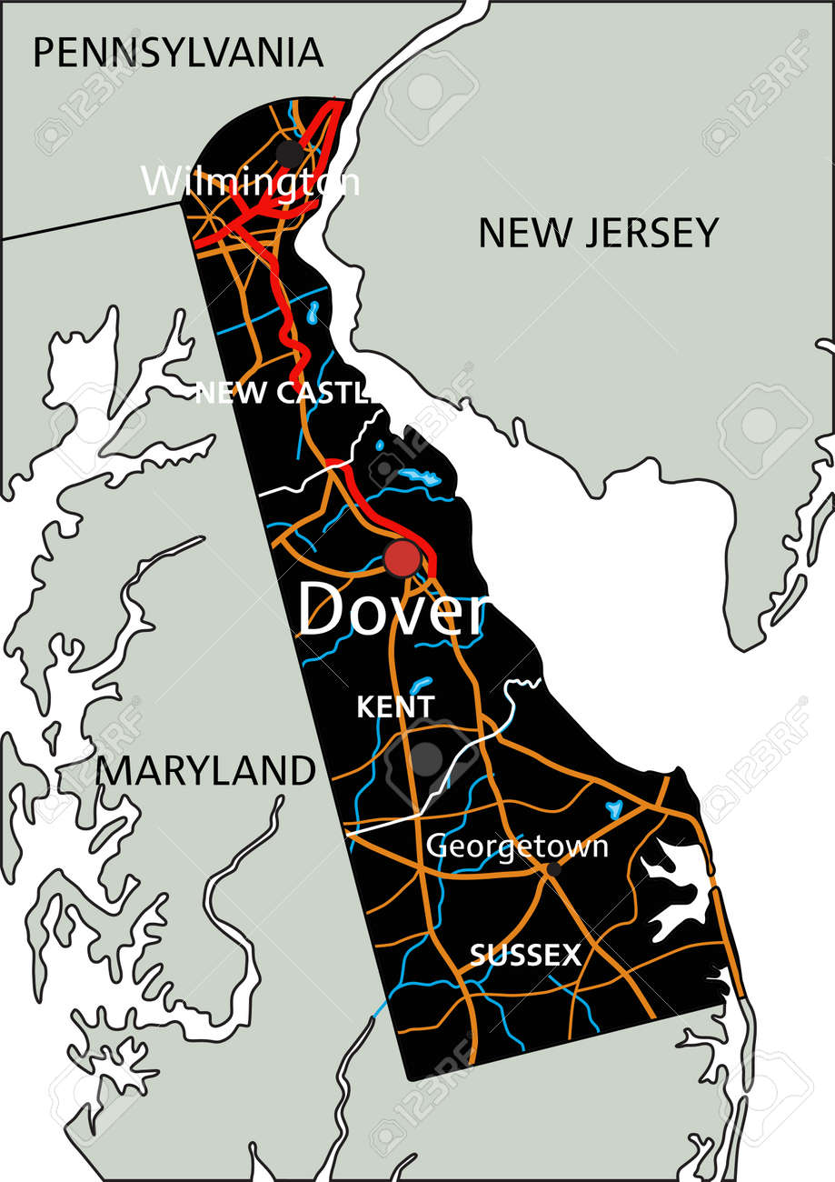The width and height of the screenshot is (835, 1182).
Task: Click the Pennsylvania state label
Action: pyautogui.click(x=178, y=53)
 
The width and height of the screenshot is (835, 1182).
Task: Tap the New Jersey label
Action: pyautogui.click(x=598, y=233)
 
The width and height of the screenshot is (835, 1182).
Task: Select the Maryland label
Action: pyautogui.click(x=206, y=771)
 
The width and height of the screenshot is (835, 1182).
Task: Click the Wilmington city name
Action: pyautogui.click(x=250, y=182)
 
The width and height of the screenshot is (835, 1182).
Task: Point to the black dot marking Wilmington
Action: pyautogui.click(x=288, y=153)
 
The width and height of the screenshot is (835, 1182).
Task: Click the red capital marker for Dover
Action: pyautogui.click(x=402, y=558)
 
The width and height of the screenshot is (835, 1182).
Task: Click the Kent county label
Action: pyautogui.click(x=395, y=706)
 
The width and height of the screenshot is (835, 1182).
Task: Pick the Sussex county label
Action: pyautogui.click(x=525, y=955)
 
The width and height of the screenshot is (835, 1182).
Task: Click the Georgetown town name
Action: pyautogui.click(x=517, y=846)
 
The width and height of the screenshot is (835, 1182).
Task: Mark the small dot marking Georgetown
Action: pyautogui.click(x=552, y=870)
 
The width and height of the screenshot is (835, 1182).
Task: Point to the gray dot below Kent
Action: pyautogui.click(x=425, y=758)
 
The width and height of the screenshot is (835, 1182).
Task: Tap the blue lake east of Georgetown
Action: pyautogui.click(x=614, y=807)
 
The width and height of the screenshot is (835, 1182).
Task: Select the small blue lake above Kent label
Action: pyautogui.click(x=421, y=684)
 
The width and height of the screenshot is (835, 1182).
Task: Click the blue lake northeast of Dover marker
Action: pyautogui.click(x=420, y=476)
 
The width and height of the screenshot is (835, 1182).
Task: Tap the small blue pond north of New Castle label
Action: pyautogui.click(x=313, y=314)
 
